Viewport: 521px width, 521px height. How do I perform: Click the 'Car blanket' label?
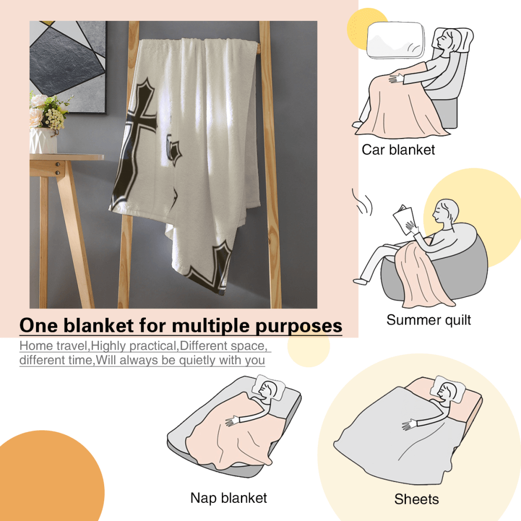coord(398,150)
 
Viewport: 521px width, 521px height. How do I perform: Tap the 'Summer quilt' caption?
coord(428,319)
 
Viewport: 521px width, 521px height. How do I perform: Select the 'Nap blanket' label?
coord(229,498)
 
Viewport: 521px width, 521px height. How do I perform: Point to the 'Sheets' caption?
coord(416,499)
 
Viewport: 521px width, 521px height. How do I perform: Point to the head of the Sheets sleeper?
coord(446,390)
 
